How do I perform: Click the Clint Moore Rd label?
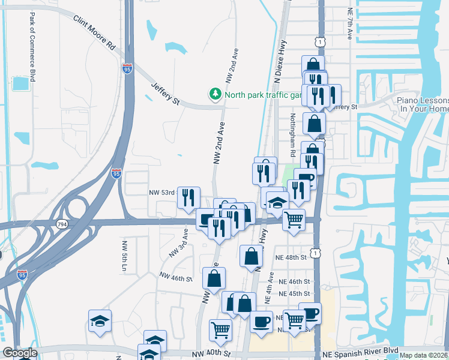pyautogui.click(x=94, y=32)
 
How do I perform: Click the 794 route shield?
pyautogui.click(x=62, y=223)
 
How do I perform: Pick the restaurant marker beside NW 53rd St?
pyautogui.click(x=188, y=197)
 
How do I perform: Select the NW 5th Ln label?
pyautogui.click(x=124, y=265)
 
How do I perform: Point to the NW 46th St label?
pyautogui.click(x=175, y=277)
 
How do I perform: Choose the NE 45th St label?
pyautogui.click(x=294, y=293)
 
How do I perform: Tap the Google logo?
pyautogui.click(x=20, y=353)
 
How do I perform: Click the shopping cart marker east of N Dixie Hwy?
pyautogui.click(x=294, y=220)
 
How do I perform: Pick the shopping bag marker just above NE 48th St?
pyautogui.click(x=251, y=256)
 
